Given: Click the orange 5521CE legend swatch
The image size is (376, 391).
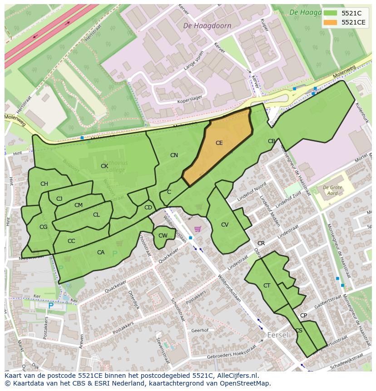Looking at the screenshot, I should click(x=331, y=22).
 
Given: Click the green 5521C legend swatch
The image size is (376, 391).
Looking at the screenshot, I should click(x=331, y=13).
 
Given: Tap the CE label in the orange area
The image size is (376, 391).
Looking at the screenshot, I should click(x=219, y=143).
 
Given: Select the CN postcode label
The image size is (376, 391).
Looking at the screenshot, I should click(x=174, y=155).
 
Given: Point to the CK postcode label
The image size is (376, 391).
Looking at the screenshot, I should click(x=104, y=166).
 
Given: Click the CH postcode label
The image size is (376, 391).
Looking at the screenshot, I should click(x=44, y=184).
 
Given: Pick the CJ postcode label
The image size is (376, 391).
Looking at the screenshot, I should click(x=59, y=199).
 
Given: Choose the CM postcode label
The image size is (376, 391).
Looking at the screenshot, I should click(x=79, y=205).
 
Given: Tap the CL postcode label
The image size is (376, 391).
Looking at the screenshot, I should click(x=96, y=215).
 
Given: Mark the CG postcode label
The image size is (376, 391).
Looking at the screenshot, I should click(x=43, y=227).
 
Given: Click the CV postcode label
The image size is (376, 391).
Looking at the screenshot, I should click(x=225, y=225).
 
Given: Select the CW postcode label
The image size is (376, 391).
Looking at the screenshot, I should click(x=163, y=235).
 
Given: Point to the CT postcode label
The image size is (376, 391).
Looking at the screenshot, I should click(x=267, y=286).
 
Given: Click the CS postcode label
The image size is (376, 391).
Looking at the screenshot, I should click(x=299, y=331).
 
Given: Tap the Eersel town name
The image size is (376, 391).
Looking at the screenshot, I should click(x=277, y=335).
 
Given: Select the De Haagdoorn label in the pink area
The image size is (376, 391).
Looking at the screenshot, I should click(x=207, y=26).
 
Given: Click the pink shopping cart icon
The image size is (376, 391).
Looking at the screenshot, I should click(x=197, y=229).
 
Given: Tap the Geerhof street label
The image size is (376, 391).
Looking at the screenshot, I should click(x=199, y=331).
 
